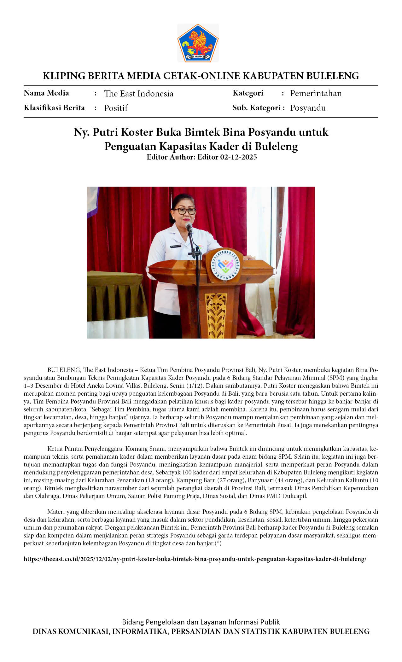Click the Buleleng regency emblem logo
198,43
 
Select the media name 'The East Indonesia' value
139,94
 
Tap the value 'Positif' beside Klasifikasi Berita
116,108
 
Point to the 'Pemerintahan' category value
316,93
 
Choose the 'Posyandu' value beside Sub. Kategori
308,108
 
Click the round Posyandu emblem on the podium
225,265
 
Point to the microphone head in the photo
189,226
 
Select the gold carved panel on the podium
216,315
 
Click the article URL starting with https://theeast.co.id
195,559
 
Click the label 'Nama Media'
46,93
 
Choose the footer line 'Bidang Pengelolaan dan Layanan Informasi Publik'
201,622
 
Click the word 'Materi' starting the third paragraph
56,512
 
